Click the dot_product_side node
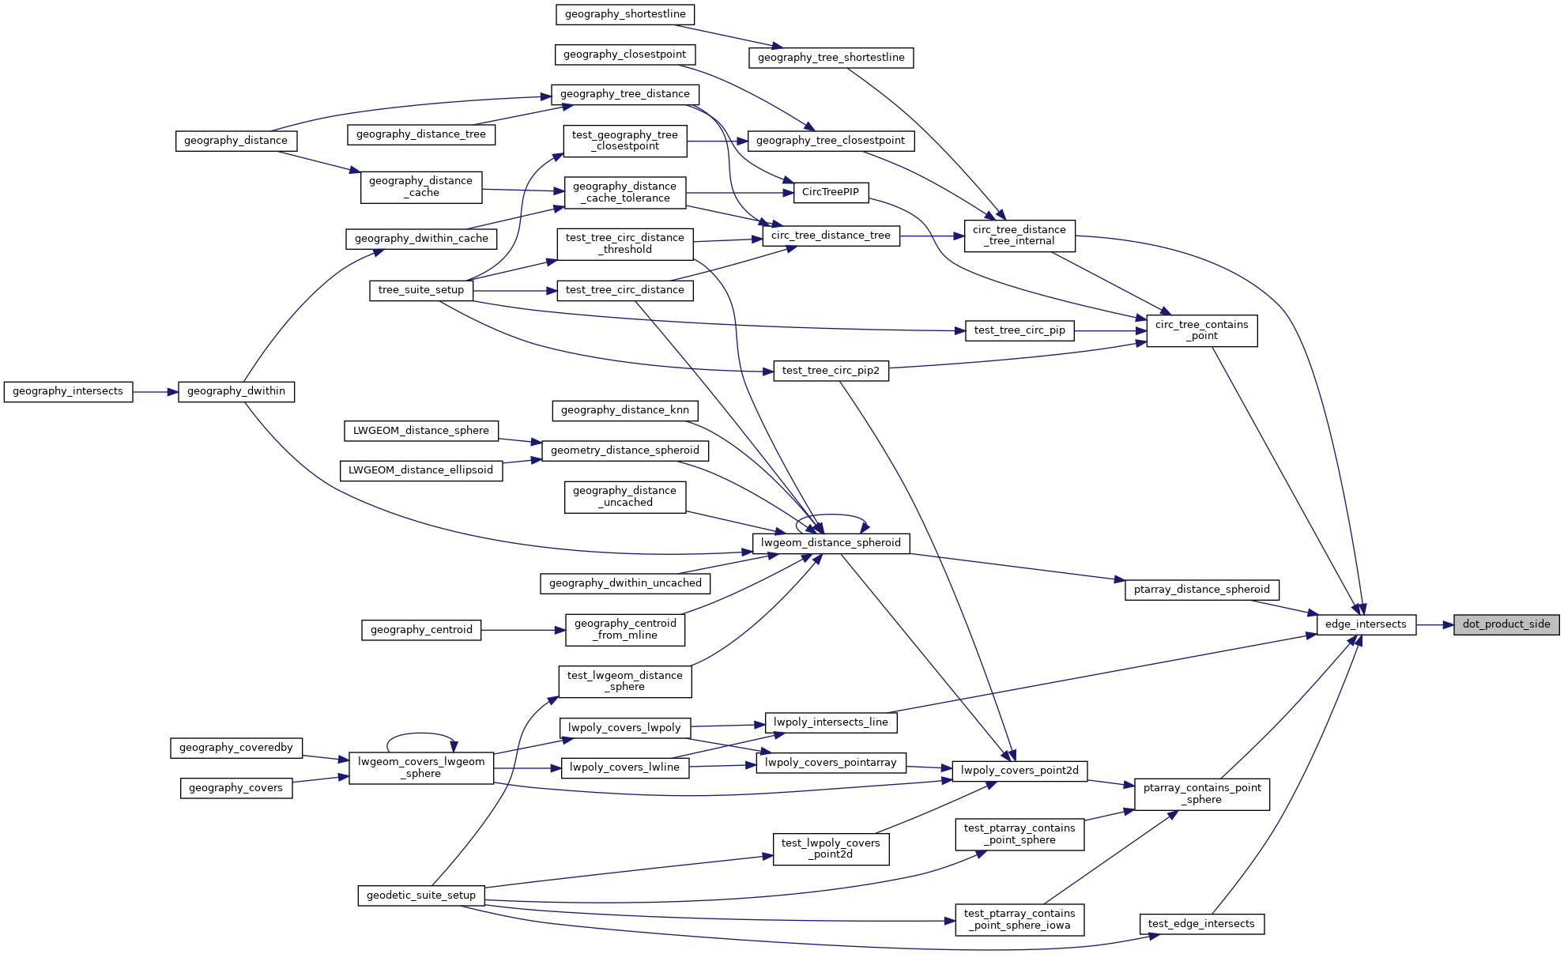coord(1506,624)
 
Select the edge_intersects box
coord(1366,624)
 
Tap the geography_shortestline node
coord(624,14)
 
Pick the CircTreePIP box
coord(830,192)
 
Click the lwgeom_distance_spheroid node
coord(831,543)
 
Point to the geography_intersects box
coord(68,391)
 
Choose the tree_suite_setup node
coord(420,290)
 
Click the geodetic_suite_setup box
coord(420,896)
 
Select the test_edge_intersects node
coord(1201,924)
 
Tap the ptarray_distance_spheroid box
coord(1201,590)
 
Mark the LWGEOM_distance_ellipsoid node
coord(420,470)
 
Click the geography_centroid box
coord(420,630)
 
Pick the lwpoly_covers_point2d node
coord(1019,771)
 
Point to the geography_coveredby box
coord(236,748)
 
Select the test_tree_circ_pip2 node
coord(830,371)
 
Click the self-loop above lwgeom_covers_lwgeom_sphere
coord(420,734)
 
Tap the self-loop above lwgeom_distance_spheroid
coord(831,515)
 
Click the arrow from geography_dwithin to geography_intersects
coord(156,391)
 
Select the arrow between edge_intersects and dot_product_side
coord(1434,624)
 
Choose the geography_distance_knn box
coord(624,410)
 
